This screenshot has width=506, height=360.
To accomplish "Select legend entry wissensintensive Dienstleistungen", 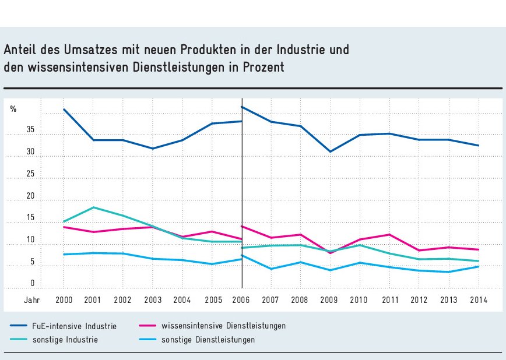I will tap(223, 326).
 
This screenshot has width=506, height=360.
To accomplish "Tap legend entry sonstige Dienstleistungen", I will tap(208, 340).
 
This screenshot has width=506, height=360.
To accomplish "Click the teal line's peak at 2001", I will tap(94, 207).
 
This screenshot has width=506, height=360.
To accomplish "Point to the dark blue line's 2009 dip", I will tap(331, 151).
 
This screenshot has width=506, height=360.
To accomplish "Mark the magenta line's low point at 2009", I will tap(331, 253).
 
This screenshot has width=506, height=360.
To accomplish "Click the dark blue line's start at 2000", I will tap(64, 110).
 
